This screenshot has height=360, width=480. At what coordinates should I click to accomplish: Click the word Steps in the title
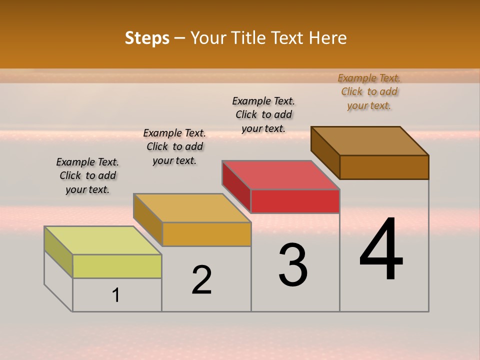[x=147, y=38]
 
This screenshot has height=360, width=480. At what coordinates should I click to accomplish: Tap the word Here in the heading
[x=328, y=38]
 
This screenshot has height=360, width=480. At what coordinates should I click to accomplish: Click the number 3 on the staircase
[x=293, y=265]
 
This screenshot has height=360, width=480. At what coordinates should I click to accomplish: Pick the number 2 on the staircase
[x=202, y=280]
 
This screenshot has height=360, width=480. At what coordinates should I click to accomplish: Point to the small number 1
[x=116, y=295]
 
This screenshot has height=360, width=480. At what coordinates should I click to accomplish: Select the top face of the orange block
[x=192, y=208]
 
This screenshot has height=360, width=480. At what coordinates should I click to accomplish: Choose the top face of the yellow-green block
[x=103, y=240]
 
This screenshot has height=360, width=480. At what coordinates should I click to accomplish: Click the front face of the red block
[x=295, y=201]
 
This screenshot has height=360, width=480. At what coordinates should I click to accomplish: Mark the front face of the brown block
[x=384, y=167]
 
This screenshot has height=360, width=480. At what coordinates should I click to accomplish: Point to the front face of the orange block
[x=206, y=234]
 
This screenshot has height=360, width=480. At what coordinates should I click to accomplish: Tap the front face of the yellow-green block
[x=117, y=266]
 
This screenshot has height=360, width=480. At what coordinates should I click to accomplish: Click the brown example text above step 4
[x=369, y=91]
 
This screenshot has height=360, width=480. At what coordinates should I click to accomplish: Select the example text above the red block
[x=263, y=114]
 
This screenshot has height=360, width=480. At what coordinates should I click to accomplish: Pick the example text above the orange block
[x=174, y=146]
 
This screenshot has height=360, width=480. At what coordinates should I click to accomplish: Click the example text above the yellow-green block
[x=87, y=175]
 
